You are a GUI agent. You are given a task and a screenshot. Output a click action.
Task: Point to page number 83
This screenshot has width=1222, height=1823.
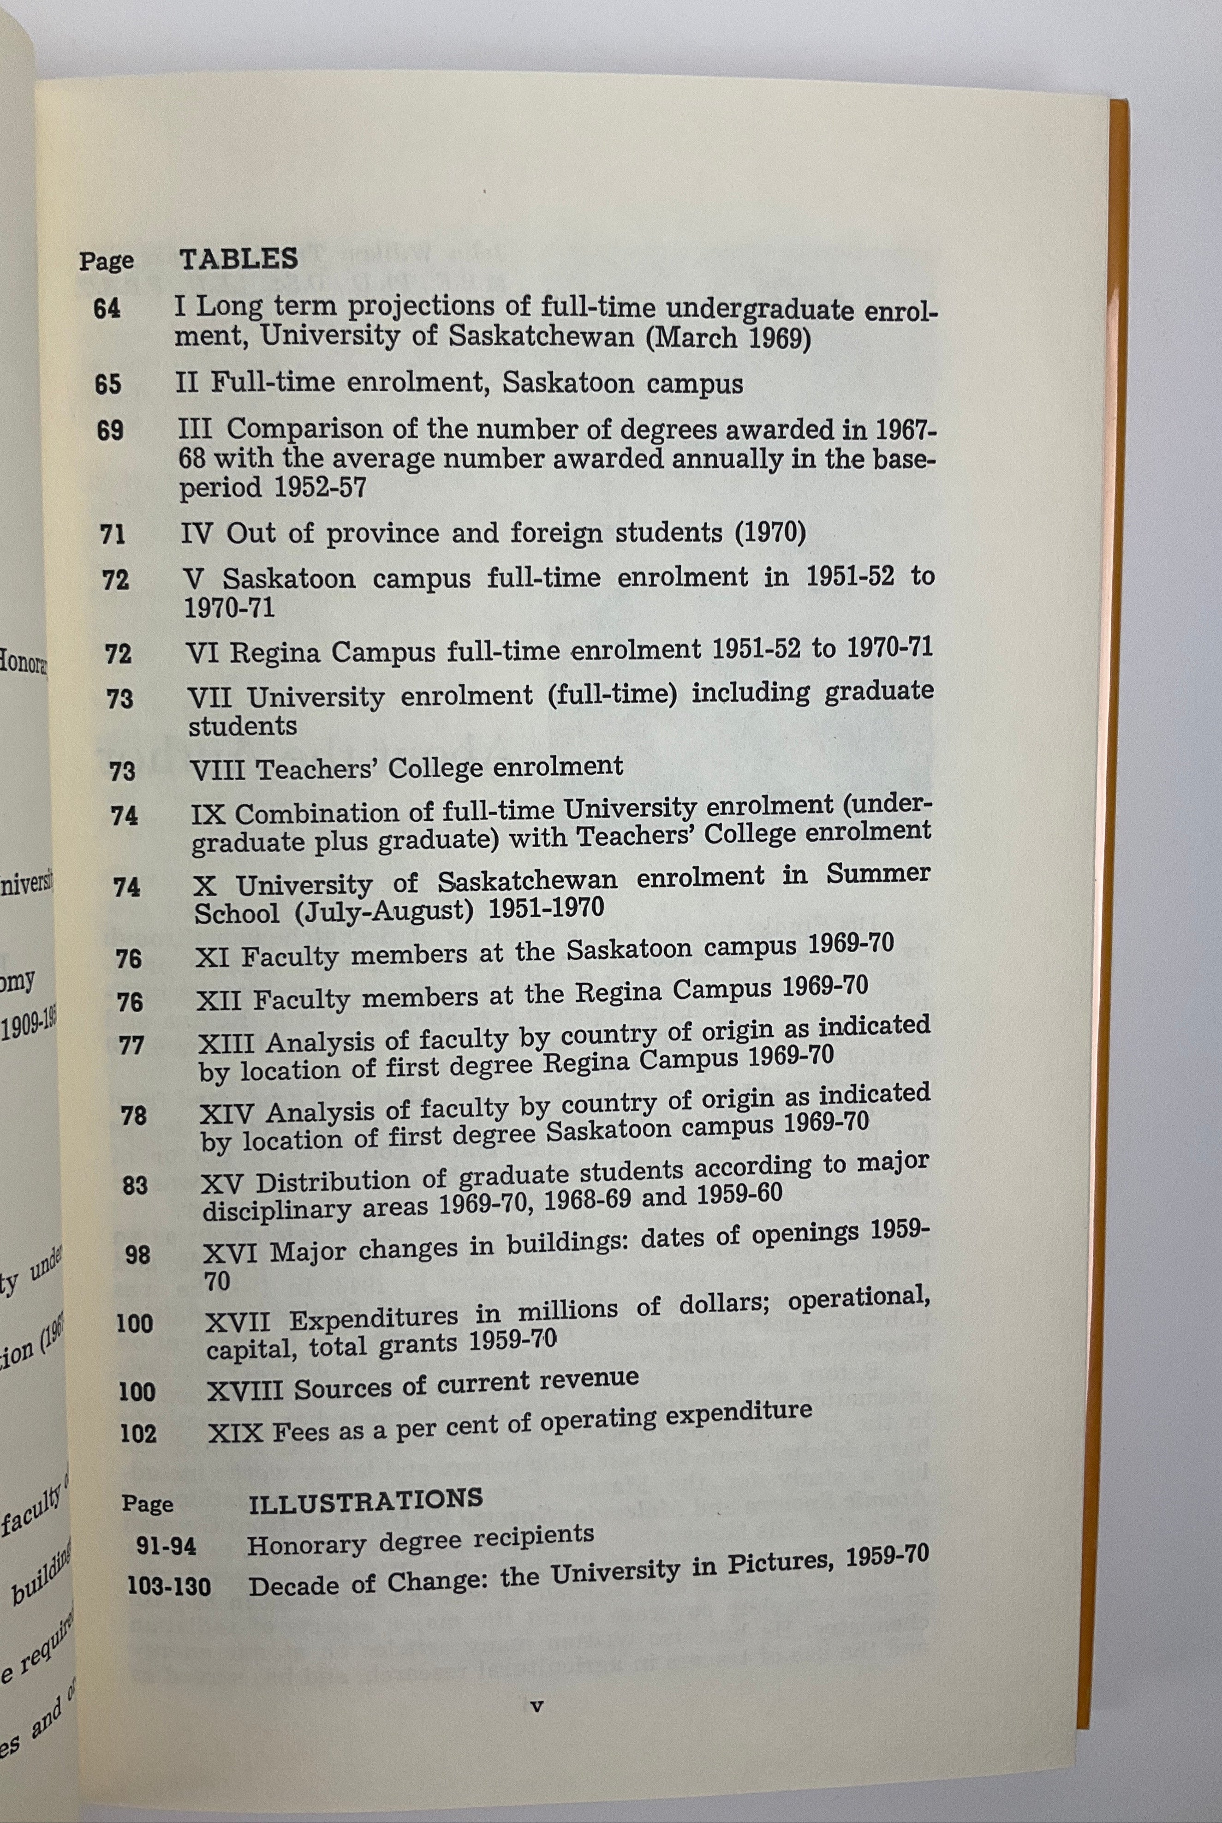click(135, 1185)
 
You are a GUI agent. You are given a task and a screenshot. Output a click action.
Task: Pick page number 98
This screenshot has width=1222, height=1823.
click(138, 1255)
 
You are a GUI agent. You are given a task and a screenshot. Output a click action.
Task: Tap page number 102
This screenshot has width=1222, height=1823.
click(139, 1433)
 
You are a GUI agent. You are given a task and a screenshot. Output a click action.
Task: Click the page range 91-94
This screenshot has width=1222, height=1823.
click(166, 1546)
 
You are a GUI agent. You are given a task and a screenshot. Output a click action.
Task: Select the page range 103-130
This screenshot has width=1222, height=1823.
click(169, 1586)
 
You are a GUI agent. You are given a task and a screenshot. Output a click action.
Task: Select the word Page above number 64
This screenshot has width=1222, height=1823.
click(106, 261)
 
